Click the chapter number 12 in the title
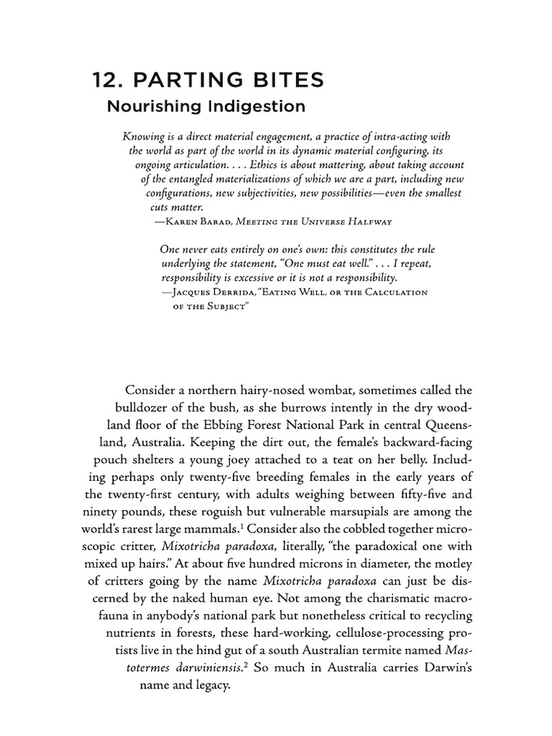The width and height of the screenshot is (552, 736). pyautogui.click(x=104, y=80)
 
